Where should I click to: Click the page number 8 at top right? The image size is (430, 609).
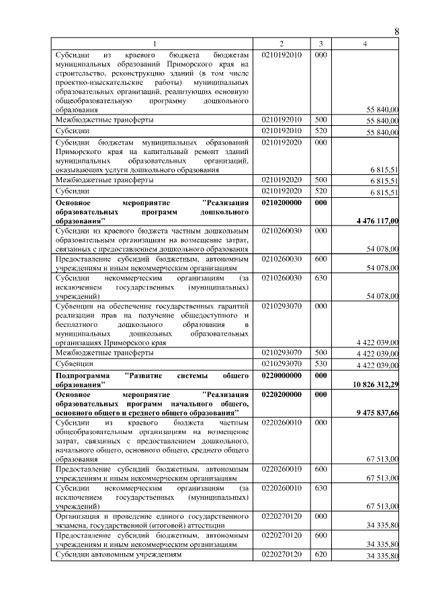(x=396, y=32)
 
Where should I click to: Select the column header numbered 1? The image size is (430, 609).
(x=154, y=44)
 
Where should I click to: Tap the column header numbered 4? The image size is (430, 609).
(x=365, y=44)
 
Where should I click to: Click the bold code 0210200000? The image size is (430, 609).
(x=283, y=202)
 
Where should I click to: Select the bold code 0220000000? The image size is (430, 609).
(x=283, y=375)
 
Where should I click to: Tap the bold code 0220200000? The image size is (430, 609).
(x=283, y=394)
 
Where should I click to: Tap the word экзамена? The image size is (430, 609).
(x=75, y=524)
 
